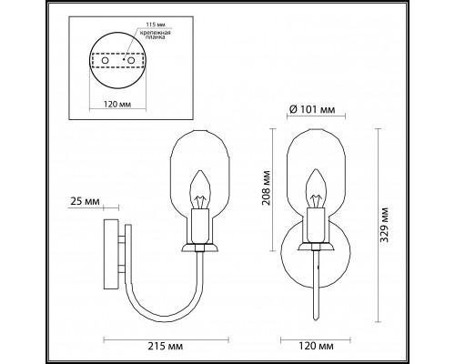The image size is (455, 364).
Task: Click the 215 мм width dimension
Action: pos(174,348)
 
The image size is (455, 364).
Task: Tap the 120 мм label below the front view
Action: pos(314,348)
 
